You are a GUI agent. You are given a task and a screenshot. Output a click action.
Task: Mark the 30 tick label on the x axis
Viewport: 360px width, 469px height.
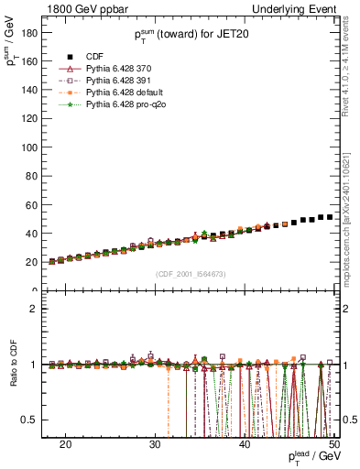(155, 443)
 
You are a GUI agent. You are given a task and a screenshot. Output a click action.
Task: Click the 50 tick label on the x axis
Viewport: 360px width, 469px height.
(333, 443)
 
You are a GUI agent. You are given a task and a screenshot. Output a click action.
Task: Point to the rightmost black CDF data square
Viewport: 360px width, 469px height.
(329, 217)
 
